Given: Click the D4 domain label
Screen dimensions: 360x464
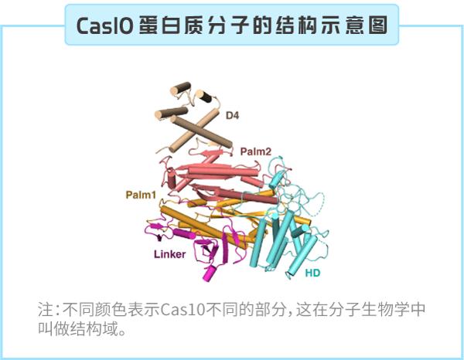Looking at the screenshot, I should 232,116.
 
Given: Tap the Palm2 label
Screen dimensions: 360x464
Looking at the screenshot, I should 256,151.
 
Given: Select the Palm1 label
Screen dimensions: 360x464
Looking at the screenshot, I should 140,194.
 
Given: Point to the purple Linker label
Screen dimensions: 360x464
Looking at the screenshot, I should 170,254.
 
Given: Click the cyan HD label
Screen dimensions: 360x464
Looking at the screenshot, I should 313,273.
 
